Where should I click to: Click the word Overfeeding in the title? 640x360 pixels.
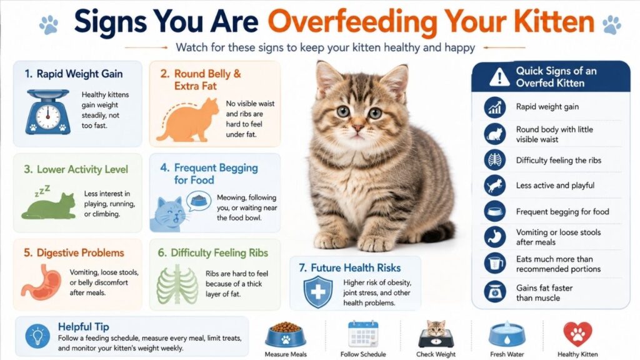(352, 23)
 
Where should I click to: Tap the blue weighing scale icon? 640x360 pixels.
(47, 112)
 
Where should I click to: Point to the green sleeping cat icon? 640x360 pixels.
(49, 206)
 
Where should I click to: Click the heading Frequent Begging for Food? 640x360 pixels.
(209, 174)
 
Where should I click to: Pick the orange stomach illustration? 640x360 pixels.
(41, 282)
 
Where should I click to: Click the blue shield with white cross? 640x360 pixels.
(318, 292)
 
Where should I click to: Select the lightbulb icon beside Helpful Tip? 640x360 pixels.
(37, 336)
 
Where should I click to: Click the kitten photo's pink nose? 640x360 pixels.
(358, 128)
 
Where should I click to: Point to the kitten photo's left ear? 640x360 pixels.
(328, 77)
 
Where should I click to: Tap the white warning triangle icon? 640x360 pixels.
(499, 77)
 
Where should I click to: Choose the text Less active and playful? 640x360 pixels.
(555, 185)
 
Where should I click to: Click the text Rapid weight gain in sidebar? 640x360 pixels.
(547, 106)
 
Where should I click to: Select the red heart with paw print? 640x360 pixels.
(577, 334)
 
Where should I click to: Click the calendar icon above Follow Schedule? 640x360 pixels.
(363, 334)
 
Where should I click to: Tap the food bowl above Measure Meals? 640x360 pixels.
(286, 335)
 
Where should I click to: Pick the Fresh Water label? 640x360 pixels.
(507, 354)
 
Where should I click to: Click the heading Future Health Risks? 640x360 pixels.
(350, 267)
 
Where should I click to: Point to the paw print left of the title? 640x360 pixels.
(49, 24)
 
